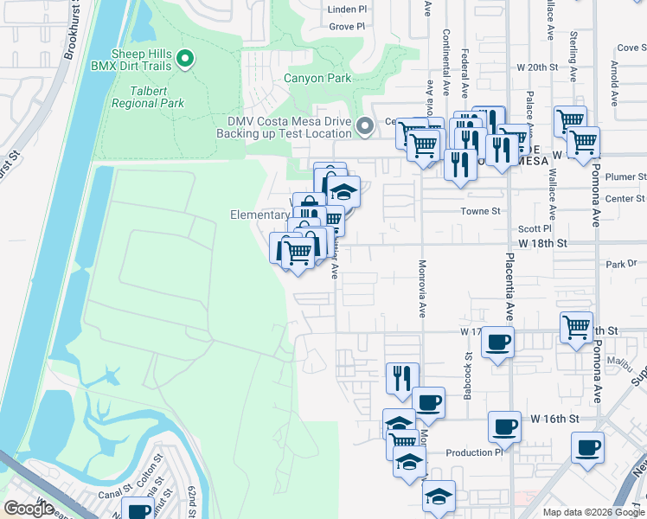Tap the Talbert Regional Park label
[148, 96]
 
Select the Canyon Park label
[317, 78]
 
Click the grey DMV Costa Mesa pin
[365, 126]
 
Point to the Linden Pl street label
[348, 10]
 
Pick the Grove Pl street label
[348, 27]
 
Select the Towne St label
[485, 210]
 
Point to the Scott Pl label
[528, 229]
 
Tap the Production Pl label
[474, 452]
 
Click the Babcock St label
[470, 368]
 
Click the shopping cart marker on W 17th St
[576, 327]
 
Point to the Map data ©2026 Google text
[593, 512]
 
